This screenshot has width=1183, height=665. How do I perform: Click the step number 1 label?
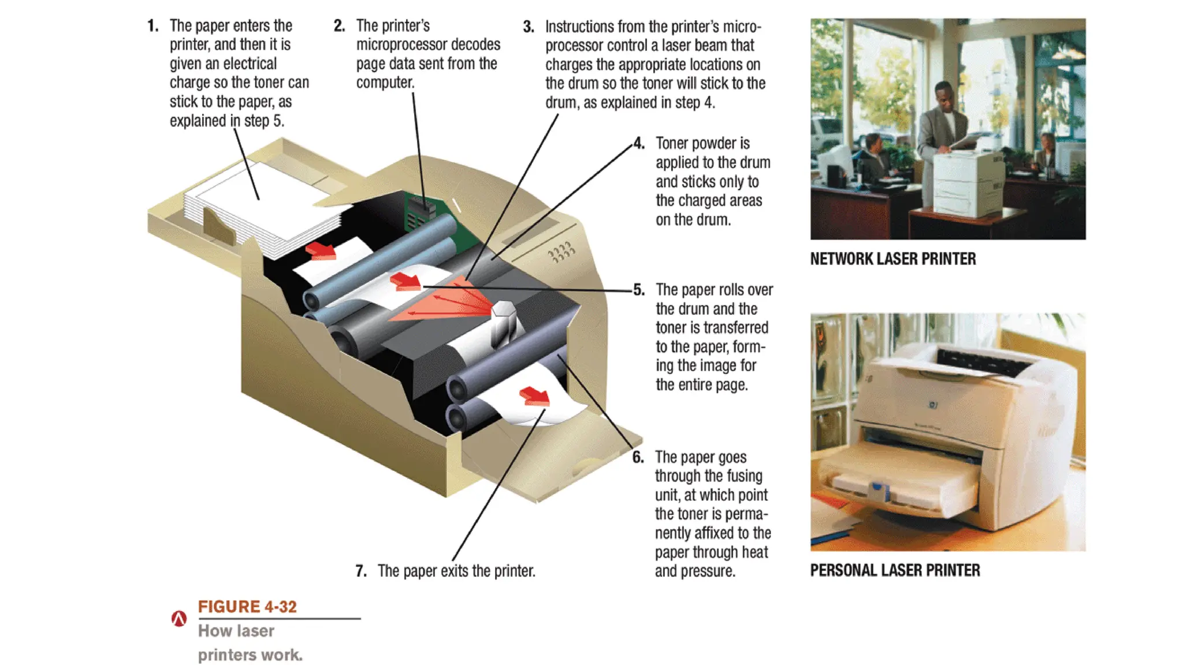tap(152, 26)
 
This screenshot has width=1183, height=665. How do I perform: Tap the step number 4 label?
tap(639, 143)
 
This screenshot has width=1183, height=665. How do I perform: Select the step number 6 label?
tap(638, 457)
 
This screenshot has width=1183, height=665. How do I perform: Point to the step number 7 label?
tap(361, 571)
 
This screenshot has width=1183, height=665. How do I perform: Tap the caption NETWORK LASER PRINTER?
tap(892, 259)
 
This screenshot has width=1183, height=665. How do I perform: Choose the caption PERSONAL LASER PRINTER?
tap(895, 570)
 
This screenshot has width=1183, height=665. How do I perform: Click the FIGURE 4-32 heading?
tap(247, 607)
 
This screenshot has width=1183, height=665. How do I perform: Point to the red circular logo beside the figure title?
tap(179, 619)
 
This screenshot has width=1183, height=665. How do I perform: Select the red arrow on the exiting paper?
tap(534, 396)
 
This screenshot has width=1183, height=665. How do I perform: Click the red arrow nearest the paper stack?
tap(321, 251)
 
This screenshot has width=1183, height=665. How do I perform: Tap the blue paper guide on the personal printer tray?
tap(879, 492)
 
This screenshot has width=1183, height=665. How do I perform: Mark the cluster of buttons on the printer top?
tap(561, 252)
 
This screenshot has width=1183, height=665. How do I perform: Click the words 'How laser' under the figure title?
tap(236, 631)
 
